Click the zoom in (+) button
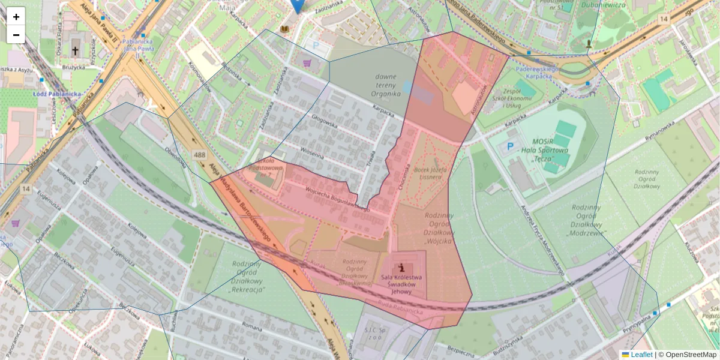click(16, 17)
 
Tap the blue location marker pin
click(297, 5)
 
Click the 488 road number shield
click(200, 155)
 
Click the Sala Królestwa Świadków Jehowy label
click(401, 284)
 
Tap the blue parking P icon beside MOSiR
click(511, 146)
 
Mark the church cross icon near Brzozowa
click(76, 51)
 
